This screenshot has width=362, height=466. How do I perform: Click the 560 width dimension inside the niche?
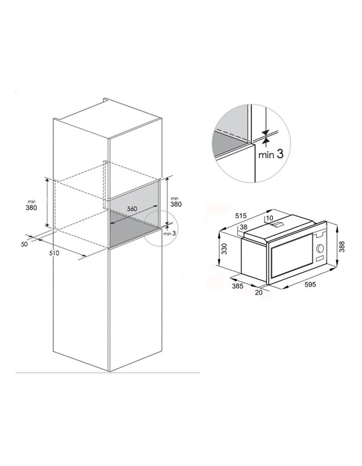tap(132, 209)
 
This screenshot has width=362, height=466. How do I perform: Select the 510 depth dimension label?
tap(55, 253)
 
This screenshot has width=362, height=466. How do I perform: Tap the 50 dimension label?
tap(25, 244)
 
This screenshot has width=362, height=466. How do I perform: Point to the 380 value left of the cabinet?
tap(31, 207)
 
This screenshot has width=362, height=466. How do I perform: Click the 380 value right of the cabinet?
tap(176, 204)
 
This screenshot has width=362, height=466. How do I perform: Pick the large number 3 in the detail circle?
tap(280, 154)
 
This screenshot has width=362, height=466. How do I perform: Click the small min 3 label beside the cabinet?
tap(168, 234)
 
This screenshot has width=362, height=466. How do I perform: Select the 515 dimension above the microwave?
tap(241, 216)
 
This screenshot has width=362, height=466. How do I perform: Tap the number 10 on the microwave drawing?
tap(269, 218)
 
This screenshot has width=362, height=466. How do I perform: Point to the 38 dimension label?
tap(244, 227)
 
